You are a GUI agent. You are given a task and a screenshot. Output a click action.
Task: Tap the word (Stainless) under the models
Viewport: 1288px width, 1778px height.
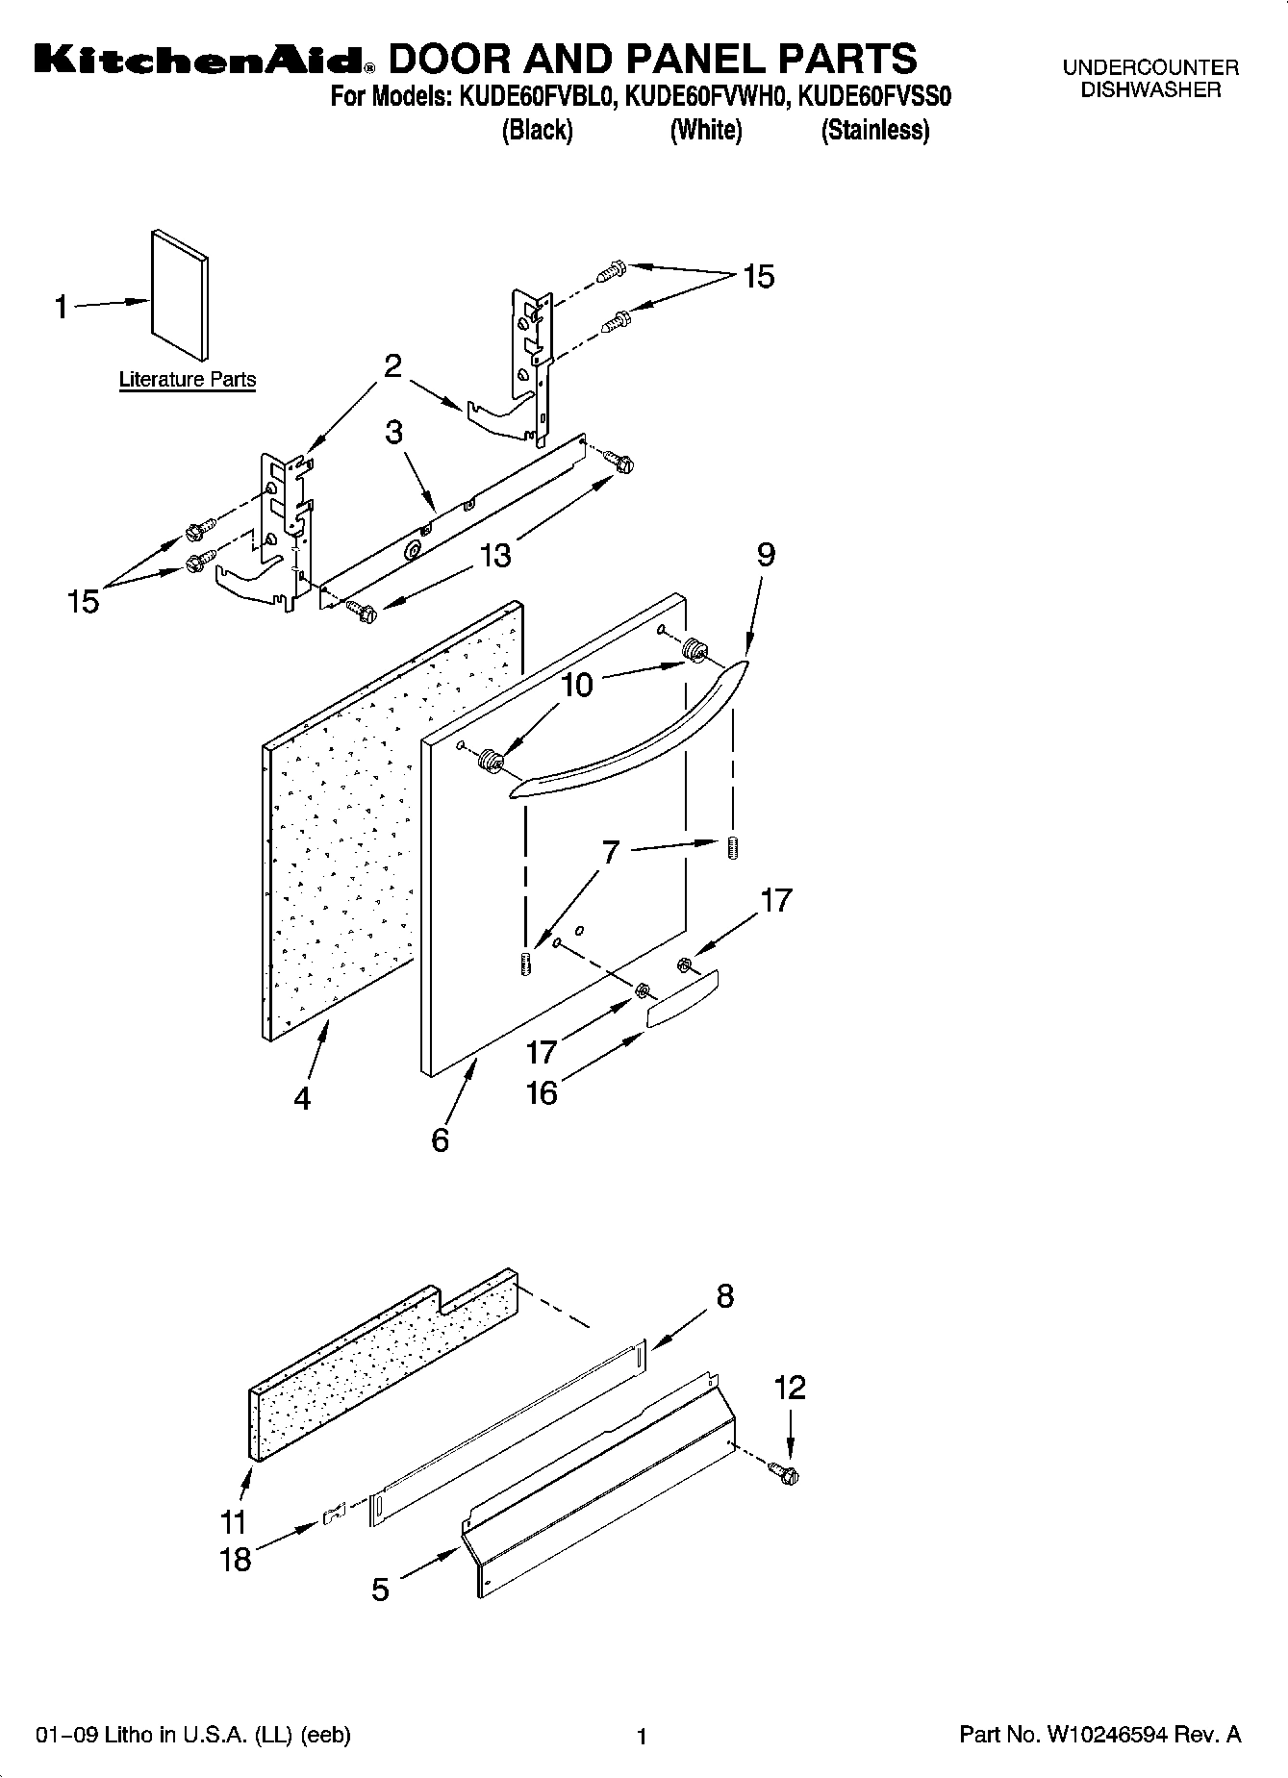[x=874, y=131]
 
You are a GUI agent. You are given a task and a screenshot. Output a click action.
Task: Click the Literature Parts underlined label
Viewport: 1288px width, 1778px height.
[x=188, y=380]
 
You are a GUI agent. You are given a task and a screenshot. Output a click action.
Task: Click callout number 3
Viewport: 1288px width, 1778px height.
[x=393, y=433]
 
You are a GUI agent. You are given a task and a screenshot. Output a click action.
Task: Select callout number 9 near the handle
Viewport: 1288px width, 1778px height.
[x=766, y=555]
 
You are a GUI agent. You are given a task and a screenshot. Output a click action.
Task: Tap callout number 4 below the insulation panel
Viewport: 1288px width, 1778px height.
[x=302, y=1097]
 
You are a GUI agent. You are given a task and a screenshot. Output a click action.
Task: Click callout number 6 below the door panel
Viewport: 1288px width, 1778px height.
[x=441, y=1140]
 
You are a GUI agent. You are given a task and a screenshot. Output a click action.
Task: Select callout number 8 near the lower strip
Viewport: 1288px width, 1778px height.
[x=725, y=1296]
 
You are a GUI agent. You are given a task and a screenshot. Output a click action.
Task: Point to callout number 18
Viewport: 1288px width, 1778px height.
[x=236, y=1559]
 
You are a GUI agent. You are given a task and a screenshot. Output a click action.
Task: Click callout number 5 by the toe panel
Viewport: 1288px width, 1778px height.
[x=381, y=1590]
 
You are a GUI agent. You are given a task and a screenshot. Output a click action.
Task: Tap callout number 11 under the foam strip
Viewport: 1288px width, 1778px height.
[x=234, y=1521]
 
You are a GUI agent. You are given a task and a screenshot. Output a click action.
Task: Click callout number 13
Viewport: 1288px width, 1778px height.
[x=495, y=556]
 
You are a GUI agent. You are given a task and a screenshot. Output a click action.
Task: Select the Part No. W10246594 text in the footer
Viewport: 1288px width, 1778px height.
[x=1100, y=1735]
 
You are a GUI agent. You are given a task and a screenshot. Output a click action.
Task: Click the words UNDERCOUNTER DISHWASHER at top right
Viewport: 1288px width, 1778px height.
[x=1149, y=79]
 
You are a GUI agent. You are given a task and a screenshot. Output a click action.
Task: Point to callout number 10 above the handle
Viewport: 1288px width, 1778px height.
[x=577, y=685]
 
